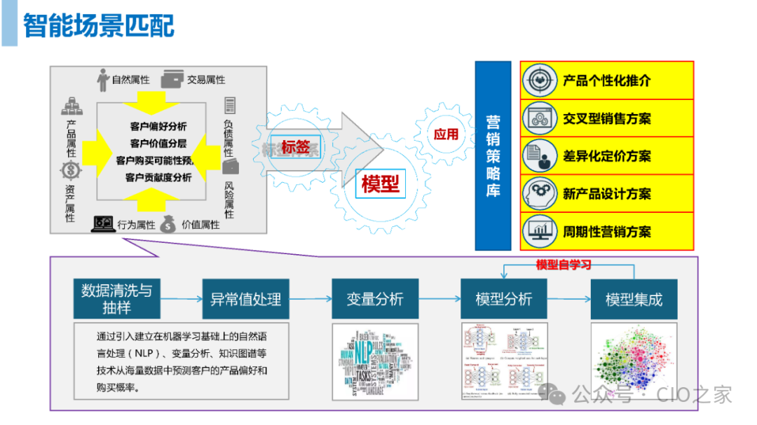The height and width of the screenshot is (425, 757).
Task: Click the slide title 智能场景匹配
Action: (99, 26)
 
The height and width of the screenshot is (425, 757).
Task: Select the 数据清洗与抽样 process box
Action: (116, 299)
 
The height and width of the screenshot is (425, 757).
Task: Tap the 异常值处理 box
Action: (245, 299)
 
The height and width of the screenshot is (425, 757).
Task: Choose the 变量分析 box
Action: (374, 299)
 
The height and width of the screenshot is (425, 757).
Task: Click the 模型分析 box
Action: (503, 299)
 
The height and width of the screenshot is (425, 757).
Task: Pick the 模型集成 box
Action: (634, 299)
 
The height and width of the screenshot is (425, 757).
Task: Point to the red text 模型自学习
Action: (564, 265)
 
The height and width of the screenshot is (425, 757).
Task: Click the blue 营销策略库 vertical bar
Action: (493, 155)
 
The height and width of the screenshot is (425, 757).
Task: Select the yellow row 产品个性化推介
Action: (607, 81)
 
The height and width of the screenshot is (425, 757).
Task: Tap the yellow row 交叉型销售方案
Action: (607, 118)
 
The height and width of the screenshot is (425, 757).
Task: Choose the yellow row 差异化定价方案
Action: (607, 156)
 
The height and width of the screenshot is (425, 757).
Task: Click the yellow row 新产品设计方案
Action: (607, 194)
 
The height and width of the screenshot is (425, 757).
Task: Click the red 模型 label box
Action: (381, 183)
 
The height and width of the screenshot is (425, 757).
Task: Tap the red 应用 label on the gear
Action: (446, 134)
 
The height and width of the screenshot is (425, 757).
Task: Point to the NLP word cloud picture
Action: (374, 361)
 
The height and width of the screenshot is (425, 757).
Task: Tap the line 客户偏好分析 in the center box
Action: (158, 127)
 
